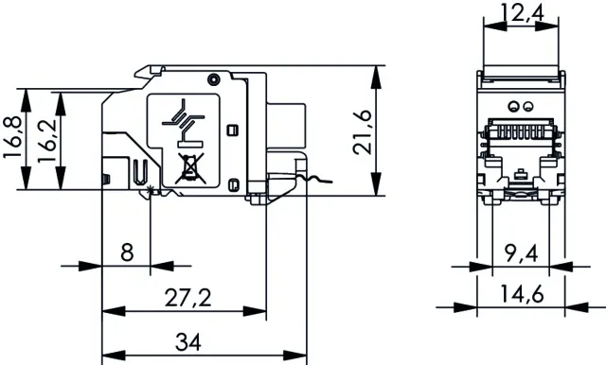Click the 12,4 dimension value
(522, 12)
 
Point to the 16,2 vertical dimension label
(46, 141)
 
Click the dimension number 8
(127, 252)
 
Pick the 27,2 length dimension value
(188, 298)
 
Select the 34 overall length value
(188, 342)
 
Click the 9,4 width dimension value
(521, 253)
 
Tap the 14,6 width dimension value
(522, 294)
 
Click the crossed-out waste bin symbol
(189, 168)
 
